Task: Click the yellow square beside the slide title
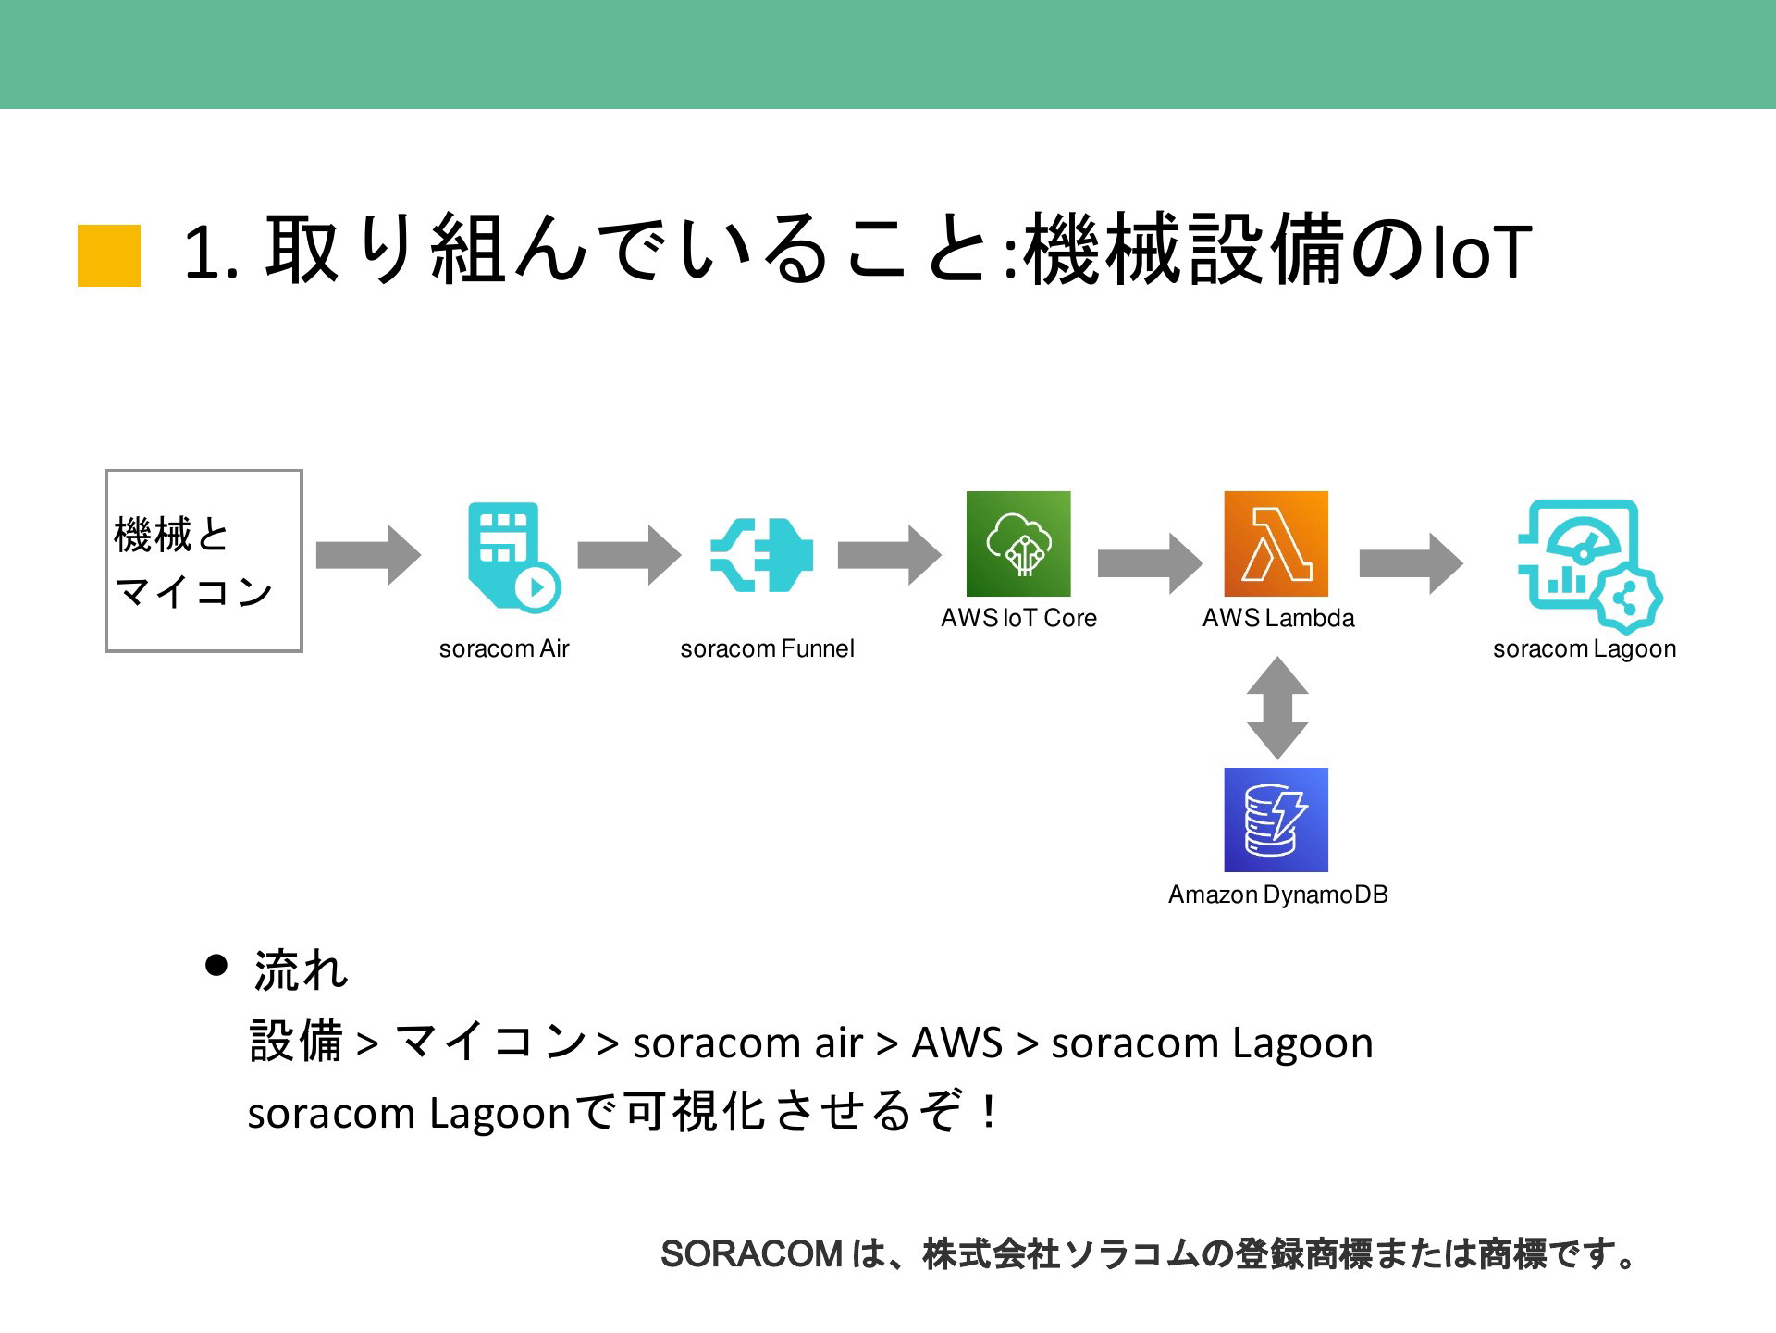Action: tap(109, 255)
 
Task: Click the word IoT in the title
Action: tap(1481, 253)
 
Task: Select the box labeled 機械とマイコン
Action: tap(203, 561)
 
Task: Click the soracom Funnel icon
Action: tap(762, 555)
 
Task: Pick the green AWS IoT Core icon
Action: tap(1018, 544)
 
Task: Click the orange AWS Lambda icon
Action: tap(1276, 544)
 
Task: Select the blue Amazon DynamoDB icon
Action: tap(1276, 820)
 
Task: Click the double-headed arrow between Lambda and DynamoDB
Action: tap(1277, 709)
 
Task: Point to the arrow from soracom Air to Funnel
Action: tap(629, 555)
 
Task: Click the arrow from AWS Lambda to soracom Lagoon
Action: tap(1412, 562)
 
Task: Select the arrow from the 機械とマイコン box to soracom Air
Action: tap(368, 555)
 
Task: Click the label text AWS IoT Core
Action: tap(1018, 618)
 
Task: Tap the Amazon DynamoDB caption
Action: tap(1277, 895)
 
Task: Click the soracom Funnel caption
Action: tap(767, 648)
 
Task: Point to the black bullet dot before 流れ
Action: tap(216, 966)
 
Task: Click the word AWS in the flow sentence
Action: tap(957, 1043)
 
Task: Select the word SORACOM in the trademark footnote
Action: tap(751, 1254)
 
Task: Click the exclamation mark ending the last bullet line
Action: tap(990, 1112)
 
